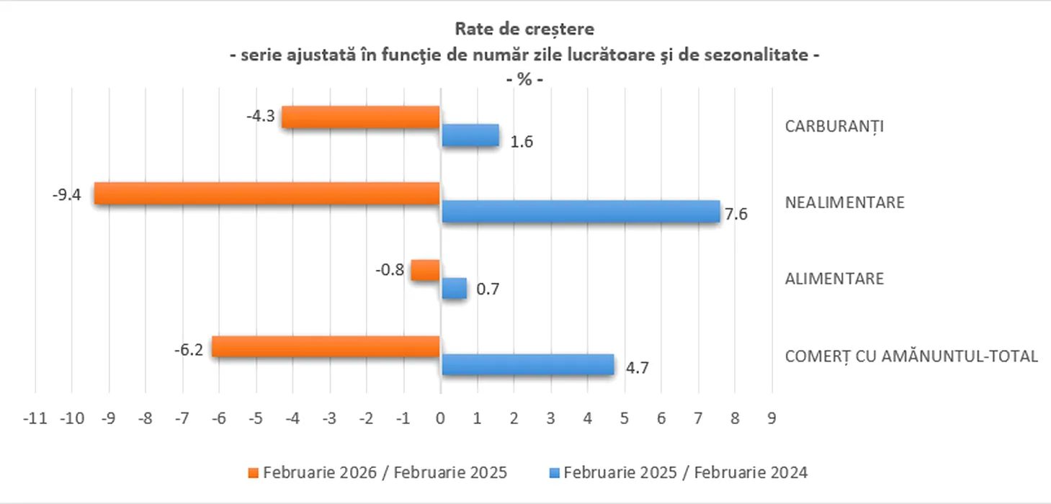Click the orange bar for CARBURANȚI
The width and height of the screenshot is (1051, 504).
point(360,117)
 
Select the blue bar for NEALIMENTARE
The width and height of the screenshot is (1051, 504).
point(580,212)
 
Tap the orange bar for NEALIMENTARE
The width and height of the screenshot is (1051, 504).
point(267,193)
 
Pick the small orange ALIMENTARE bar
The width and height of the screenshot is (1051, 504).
point(425,271)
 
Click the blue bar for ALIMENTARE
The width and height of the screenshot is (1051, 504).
point(454,289)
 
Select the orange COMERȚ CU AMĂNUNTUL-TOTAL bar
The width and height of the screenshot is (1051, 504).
point(326,346)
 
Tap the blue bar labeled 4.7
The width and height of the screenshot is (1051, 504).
point(527,364)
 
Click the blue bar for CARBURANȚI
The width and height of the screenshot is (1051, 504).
point(470,135)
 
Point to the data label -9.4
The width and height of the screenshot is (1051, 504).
point(67,194)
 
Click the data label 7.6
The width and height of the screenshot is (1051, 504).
point(736,214)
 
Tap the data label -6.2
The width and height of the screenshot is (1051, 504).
point(189,350)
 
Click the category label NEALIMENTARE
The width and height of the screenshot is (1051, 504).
point(844,202)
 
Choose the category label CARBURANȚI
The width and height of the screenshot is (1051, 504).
point(834,126)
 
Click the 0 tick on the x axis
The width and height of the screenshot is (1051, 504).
point(440,418)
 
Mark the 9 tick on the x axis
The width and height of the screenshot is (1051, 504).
point(772,418)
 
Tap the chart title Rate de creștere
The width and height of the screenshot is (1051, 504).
point(524,30)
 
